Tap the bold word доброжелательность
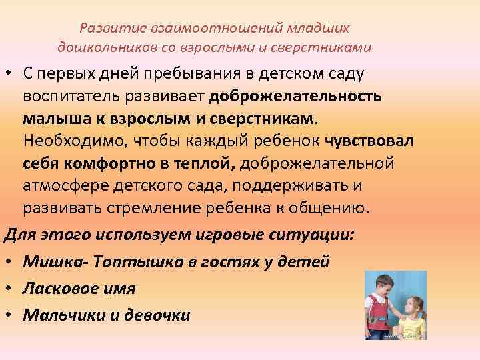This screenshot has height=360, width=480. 295,96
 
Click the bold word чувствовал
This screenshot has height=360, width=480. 370,141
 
